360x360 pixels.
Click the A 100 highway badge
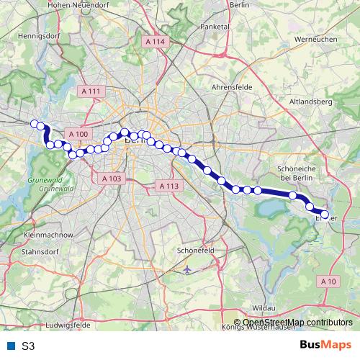tap(78, 134)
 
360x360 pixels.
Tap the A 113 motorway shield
tap(167, 186)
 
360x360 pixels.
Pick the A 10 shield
tap(328, 280)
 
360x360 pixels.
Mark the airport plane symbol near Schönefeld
tap(188, 269)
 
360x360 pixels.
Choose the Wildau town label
tap(264, 307)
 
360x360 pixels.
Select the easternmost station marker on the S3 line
tap(325, 215)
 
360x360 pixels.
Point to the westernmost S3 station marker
tap(33, 123)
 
